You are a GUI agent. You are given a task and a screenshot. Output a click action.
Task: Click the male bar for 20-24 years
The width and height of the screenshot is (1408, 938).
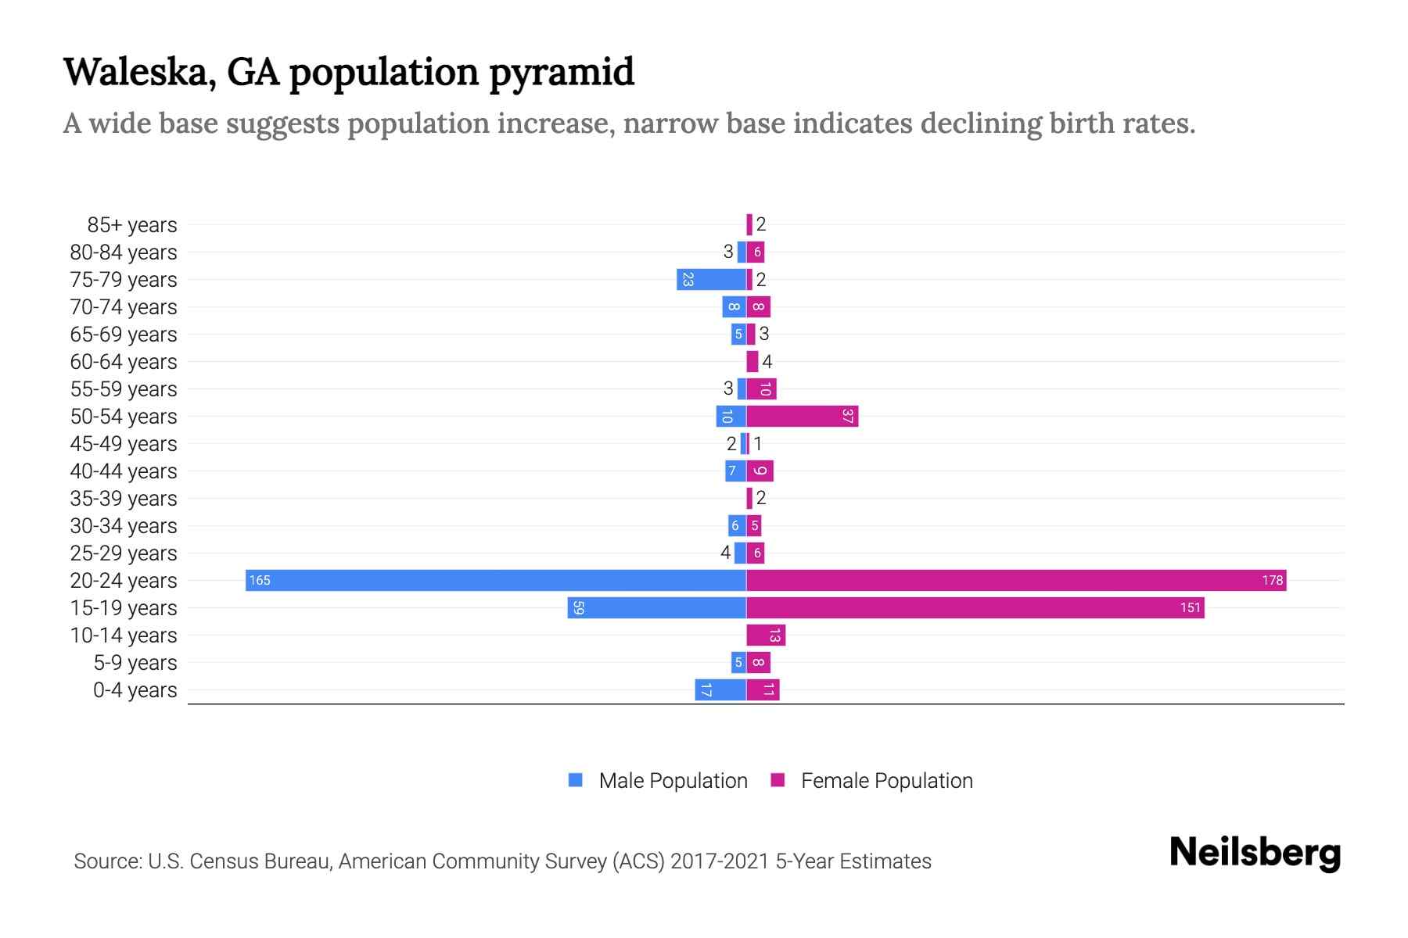click(496, 580)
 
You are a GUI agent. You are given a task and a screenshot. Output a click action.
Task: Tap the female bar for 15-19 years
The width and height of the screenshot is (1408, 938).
click(975, 607)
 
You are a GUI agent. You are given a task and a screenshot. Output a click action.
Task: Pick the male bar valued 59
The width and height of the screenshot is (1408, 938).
click(657, 607)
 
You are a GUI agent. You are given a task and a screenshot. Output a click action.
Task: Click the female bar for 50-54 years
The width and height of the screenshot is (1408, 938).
click(802, 416)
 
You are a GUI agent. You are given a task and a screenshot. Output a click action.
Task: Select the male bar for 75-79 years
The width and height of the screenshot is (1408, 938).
click(711, 279)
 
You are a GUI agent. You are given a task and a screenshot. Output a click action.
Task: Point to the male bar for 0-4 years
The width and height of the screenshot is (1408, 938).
click(720, 689)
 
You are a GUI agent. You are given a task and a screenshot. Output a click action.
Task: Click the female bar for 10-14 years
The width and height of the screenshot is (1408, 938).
click(766, 635)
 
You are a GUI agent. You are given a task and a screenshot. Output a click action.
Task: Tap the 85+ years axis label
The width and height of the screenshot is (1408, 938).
click(132, 225)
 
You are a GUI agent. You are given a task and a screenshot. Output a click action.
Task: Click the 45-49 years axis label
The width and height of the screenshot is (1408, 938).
click(124, 444)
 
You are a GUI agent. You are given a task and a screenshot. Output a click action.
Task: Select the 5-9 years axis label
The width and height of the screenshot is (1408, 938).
click(135, 663)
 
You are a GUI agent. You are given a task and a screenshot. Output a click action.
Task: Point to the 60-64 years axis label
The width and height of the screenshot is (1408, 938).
click(124, 362)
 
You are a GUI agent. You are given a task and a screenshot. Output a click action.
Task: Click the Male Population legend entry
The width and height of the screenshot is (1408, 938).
click(673, 780)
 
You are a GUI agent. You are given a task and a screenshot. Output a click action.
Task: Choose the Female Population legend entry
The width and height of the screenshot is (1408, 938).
click(886, 780)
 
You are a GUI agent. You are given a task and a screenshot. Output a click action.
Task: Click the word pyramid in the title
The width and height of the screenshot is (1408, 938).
click(562, 73)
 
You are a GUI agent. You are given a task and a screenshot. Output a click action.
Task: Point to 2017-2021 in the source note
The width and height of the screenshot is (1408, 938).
click(720, 861)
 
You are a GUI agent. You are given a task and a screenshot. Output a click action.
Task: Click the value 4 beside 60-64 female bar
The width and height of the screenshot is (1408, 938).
click(767, 362)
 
